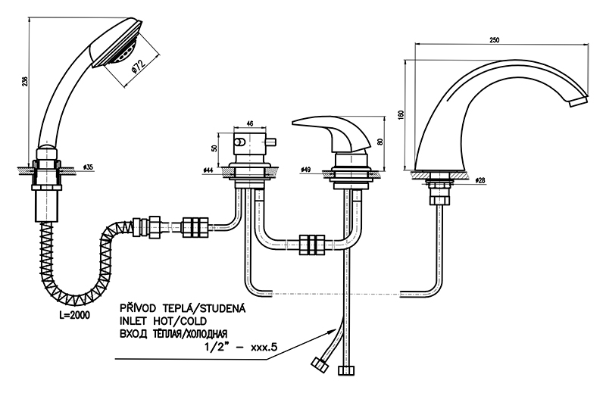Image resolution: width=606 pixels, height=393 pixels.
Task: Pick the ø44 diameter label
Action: (x=208, y=170)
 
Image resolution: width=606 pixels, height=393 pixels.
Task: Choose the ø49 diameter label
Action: (x=307, y=170)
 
